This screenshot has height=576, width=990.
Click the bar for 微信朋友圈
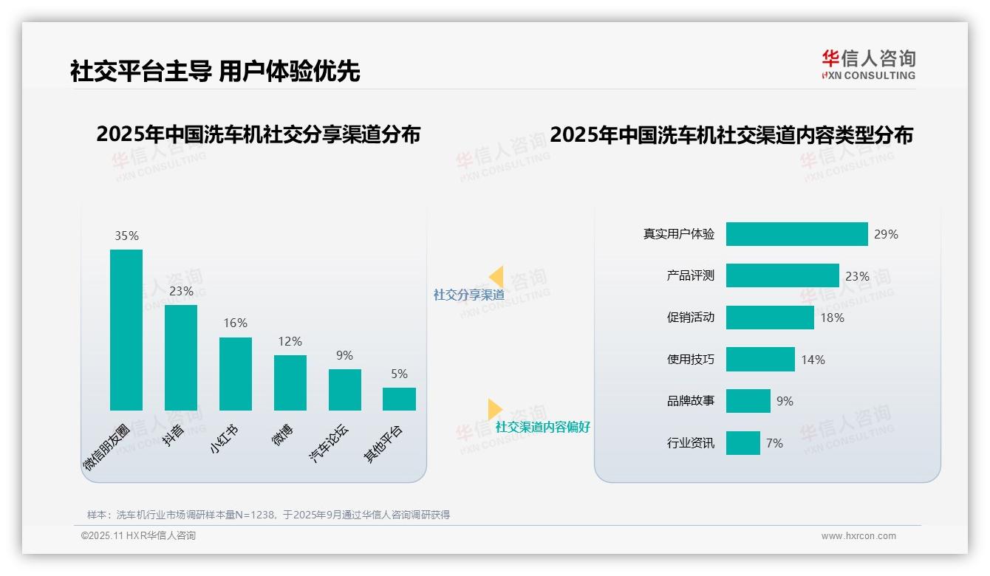pos(126,329)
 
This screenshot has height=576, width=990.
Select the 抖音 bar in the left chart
pos(181,357)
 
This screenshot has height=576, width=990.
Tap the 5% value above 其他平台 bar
pos(399,374)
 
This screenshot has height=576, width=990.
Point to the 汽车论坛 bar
pos(344,390)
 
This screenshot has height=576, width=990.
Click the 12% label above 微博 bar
pos(290,342)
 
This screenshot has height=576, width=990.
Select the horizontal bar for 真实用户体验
pos(796,234)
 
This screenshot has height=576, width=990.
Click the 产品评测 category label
pos(690,275)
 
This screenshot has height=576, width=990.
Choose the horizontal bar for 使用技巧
pos(760,360)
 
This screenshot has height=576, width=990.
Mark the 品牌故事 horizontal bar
pos(748,401)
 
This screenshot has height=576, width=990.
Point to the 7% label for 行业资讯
pos(774,443)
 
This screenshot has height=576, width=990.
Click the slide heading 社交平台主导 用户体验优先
pos(215,72)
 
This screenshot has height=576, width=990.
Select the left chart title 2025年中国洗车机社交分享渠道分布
pos(258,134)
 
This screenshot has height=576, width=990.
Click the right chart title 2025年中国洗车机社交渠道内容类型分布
pos(731,135)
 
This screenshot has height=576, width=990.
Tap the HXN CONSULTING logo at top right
pos(868,65)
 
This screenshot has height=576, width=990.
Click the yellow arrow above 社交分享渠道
pos(496,277)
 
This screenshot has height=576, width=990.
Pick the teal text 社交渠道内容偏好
pos(542,427)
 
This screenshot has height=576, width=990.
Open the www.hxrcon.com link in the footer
pos(858,536)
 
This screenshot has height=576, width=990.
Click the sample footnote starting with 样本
pos(268,515)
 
